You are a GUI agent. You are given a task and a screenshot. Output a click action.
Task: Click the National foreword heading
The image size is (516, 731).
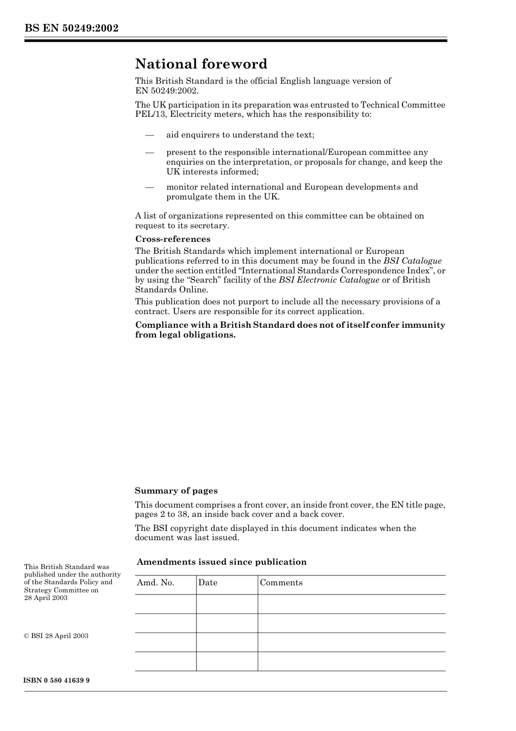coord(201,64)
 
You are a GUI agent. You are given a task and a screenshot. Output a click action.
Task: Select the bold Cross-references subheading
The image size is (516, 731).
coord(173,239)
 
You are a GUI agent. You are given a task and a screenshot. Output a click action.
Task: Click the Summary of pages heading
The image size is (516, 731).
coord(176,491)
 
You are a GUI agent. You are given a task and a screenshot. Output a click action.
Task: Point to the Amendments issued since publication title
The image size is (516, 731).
coord(222,562)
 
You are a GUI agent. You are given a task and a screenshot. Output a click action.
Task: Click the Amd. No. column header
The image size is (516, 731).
coord(156,583)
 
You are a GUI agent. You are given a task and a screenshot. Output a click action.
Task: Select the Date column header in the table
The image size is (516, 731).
coord(207,583)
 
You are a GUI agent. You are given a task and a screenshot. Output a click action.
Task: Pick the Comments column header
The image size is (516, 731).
coord(281,583)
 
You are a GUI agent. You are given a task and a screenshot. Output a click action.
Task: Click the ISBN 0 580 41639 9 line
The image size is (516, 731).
coord(57,680)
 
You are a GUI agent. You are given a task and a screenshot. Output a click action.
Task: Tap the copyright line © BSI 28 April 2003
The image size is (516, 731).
coord(56,636)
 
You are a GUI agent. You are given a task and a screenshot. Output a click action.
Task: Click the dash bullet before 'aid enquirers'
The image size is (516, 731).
coord(149,135)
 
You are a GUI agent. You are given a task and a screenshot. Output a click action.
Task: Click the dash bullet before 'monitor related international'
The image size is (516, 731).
coord(149,187)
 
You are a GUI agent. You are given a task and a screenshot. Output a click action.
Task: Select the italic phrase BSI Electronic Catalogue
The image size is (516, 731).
coord(329,280)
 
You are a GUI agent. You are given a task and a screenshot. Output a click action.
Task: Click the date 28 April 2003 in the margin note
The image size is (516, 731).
coord(46,598)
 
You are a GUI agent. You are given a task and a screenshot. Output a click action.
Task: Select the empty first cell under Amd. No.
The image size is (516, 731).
coord(165,604)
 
